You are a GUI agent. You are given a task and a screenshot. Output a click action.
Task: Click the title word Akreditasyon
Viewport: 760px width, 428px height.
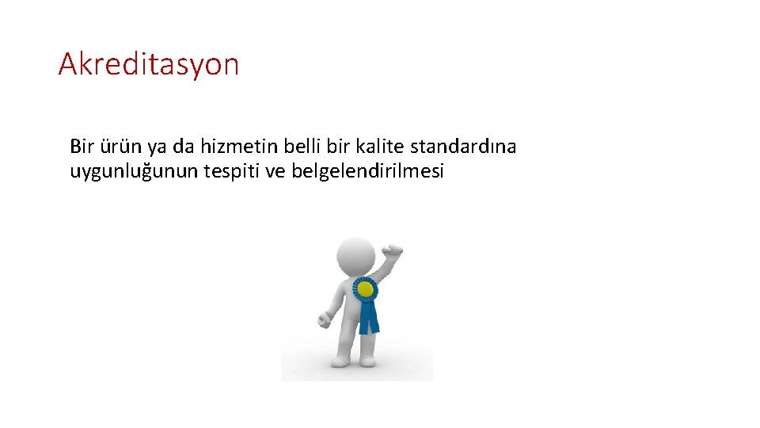[148, 63]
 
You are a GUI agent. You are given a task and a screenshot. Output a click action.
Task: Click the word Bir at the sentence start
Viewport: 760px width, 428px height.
[82, 147]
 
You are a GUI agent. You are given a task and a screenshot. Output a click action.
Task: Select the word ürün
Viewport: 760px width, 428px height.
[117, 147]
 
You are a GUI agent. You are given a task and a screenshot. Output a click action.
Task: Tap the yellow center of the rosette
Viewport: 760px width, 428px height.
[366, 291]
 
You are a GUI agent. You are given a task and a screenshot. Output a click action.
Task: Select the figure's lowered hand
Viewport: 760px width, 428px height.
[324, 320]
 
